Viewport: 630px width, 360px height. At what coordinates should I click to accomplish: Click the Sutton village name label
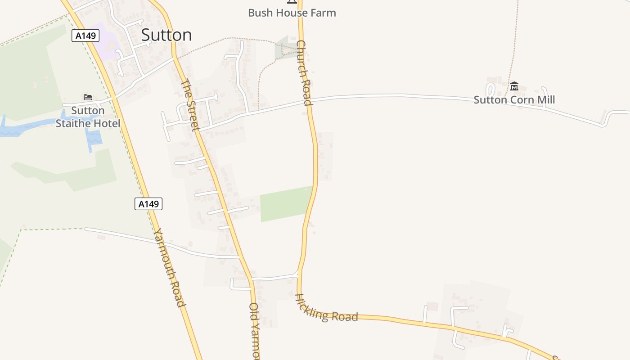(x=166, y=35)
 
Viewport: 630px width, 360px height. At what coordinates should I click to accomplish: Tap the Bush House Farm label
(x=292, y=13)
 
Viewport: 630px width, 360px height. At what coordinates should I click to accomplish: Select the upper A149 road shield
(x=85, y=36)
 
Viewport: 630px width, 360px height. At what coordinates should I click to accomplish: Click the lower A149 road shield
(x=148, y=204)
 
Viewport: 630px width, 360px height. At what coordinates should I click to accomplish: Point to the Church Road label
(x=304, y=73)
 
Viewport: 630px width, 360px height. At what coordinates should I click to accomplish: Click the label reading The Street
(x=190, y=105)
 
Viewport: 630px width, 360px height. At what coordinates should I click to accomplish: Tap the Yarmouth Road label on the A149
(x=170, y=267)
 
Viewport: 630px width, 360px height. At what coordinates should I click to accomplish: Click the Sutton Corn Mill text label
(x=514, y=100)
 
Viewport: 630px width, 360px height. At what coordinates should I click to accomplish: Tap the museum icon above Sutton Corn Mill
(x=514, y=86)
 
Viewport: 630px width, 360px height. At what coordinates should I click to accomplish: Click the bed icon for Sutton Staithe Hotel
(x=88, y=97)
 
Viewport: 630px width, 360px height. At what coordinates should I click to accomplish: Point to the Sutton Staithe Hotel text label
(x=88, y=117)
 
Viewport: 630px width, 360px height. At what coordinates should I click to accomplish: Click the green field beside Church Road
(x=286, y=203)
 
